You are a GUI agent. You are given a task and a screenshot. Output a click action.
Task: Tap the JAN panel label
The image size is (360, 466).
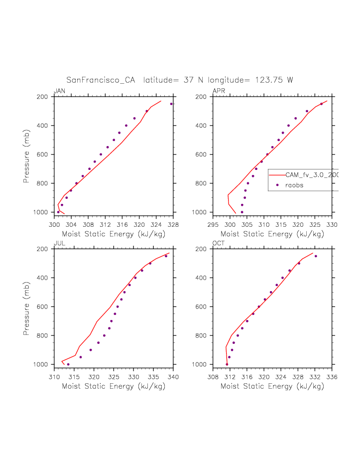[x=59, y=91]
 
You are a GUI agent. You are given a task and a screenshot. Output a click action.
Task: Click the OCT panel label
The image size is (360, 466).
[x=219, y=243]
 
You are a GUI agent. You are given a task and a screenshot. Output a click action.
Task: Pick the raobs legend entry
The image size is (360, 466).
[x=294, y=185]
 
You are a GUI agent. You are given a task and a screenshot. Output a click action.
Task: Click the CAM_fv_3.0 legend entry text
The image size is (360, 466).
[x=312, y=175]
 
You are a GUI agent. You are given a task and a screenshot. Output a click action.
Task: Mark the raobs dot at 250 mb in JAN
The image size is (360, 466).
[x=171, y=104]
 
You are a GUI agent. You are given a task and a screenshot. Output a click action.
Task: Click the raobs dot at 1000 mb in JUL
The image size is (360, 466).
[x=68, y=364]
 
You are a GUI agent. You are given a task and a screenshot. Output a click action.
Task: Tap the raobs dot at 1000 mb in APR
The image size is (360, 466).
[x=242, y=212]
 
